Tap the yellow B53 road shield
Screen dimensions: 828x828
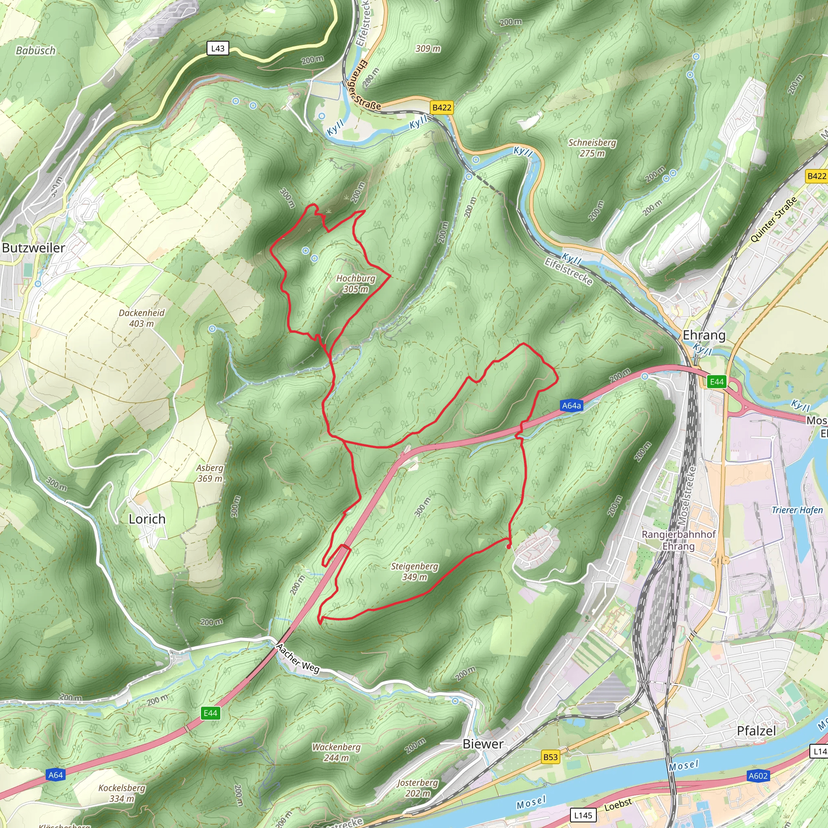[550, 757]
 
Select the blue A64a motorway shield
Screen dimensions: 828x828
[571, 406]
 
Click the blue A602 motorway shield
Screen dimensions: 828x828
[758, 776]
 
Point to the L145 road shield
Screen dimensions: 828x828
[583, 815]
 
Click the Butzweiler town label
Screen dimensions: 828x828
[34, 248]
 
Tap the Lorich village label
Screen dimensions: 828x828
[147, 519]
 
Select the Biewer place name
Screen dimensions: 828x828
[483, 744]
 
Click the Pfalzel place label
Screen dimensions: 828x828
[756, 731]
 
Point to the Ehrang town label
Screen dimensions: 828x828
[704, 335]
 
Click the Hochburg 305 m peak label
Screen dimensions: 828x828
[355, 283]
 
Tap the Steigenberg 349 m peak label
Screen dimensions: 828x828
[414, 571]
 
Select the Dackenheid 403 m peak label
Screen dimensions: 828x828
[142, 318]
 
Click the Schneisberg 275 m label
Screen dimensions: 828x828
[592, 148]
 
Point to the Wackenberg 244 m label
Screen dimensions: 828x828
[336, 752]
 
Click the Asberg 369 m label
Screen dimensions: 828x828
[209, 473]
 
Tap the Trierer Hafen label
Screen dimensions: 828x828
[797, 510]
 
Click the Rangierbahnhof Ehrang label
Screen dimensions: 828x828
[678, 540]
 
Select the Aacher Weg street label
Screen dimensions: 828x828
[298, 659]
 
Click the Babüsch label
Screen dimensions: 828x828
[36, 51]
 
